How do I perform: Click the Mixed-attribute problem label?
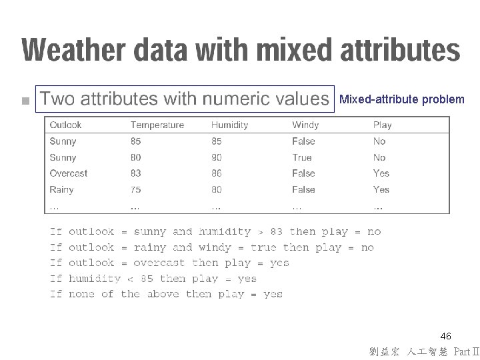pos(402,99)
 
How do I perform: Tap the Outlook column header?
pos(65,125)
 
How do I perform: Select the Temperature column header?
pos(157,125)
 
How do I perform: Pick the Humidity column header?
pos(229,125)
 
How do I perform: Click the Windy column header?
pos(305,125)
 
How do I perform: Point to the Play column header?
pos(382,125)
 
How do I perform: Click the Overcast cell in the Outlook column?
pos(68,173)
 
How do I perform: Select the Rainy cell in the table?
pos(61,189)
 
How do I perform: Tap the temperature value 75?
pos(136,189)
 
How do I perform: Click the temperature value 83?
pos(136,173)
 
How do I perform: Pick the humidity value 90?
pos(217,157)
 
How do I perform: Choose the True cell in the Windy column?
pos(301,157)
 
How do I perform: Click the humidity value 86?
pos(217,173)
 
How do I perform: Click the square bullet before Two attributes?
pos(25,101)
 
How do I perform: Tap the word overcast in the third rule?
pos(159,263)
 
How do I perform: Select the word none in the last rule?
pos(81,295)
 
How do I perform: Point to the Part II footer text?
pos(465,351)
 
